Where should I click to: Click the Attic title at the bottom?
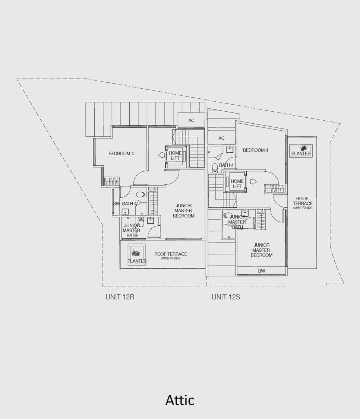(180, 400)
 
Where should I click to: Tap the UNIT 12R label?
(120, 297)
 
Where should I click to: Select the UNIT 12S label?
(226, 297)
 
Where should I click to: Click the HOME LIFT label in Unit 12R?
(175, 156)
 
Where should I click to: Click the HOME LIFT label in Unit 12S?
(237, 184)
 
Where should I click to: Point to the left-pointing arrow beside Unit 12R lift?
(161, 155)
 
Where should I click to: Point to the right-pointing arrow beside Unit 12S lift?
(253, 181)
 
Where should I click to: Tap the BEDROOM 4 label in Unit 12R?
(121, 154)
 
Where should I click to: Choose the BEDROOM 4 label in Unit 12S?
(255, 150)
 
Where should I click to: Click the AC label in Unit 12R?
(191, 121)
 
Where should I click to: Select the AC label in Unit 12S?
(221, 139)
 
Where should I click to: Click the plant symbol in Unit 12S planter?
(304, 148)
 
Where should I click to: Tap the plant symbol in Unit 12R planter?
(136, 253)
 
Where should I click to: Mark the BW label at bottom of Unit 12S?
(262, 271)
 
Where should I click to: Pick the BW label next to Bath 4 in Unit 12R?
(116, 204)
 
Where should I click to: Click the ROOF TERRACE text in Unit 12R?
(171, 254)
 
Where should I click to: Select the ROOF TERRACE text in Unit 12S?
(302, 201)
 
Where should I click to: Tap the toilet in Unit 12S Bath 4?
(215, 167)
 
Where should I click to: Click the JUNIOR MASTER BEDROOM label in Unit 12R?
(183, 210)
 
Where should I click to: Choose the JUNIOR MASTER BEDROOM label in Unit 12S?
(261, 250)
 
